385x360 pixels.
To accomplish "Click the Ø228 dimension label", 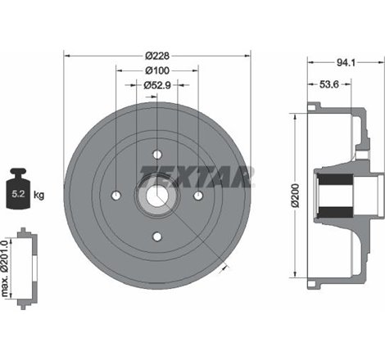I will tap(156, 56).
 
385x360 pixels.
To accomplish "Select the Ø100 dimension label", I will tap(156, 70).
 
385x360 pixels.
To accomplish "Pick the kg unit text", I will tap(38, 195).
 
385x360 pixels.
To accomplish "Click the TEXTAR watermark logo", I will tap(197, 175).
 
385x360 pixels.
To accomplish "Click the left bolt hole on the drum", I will tap(116, 195).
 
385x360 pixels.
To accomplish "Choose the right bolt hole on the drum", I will tap(197, 195).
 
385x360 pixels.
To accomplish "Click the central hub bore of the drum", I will tap(156, 195).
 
